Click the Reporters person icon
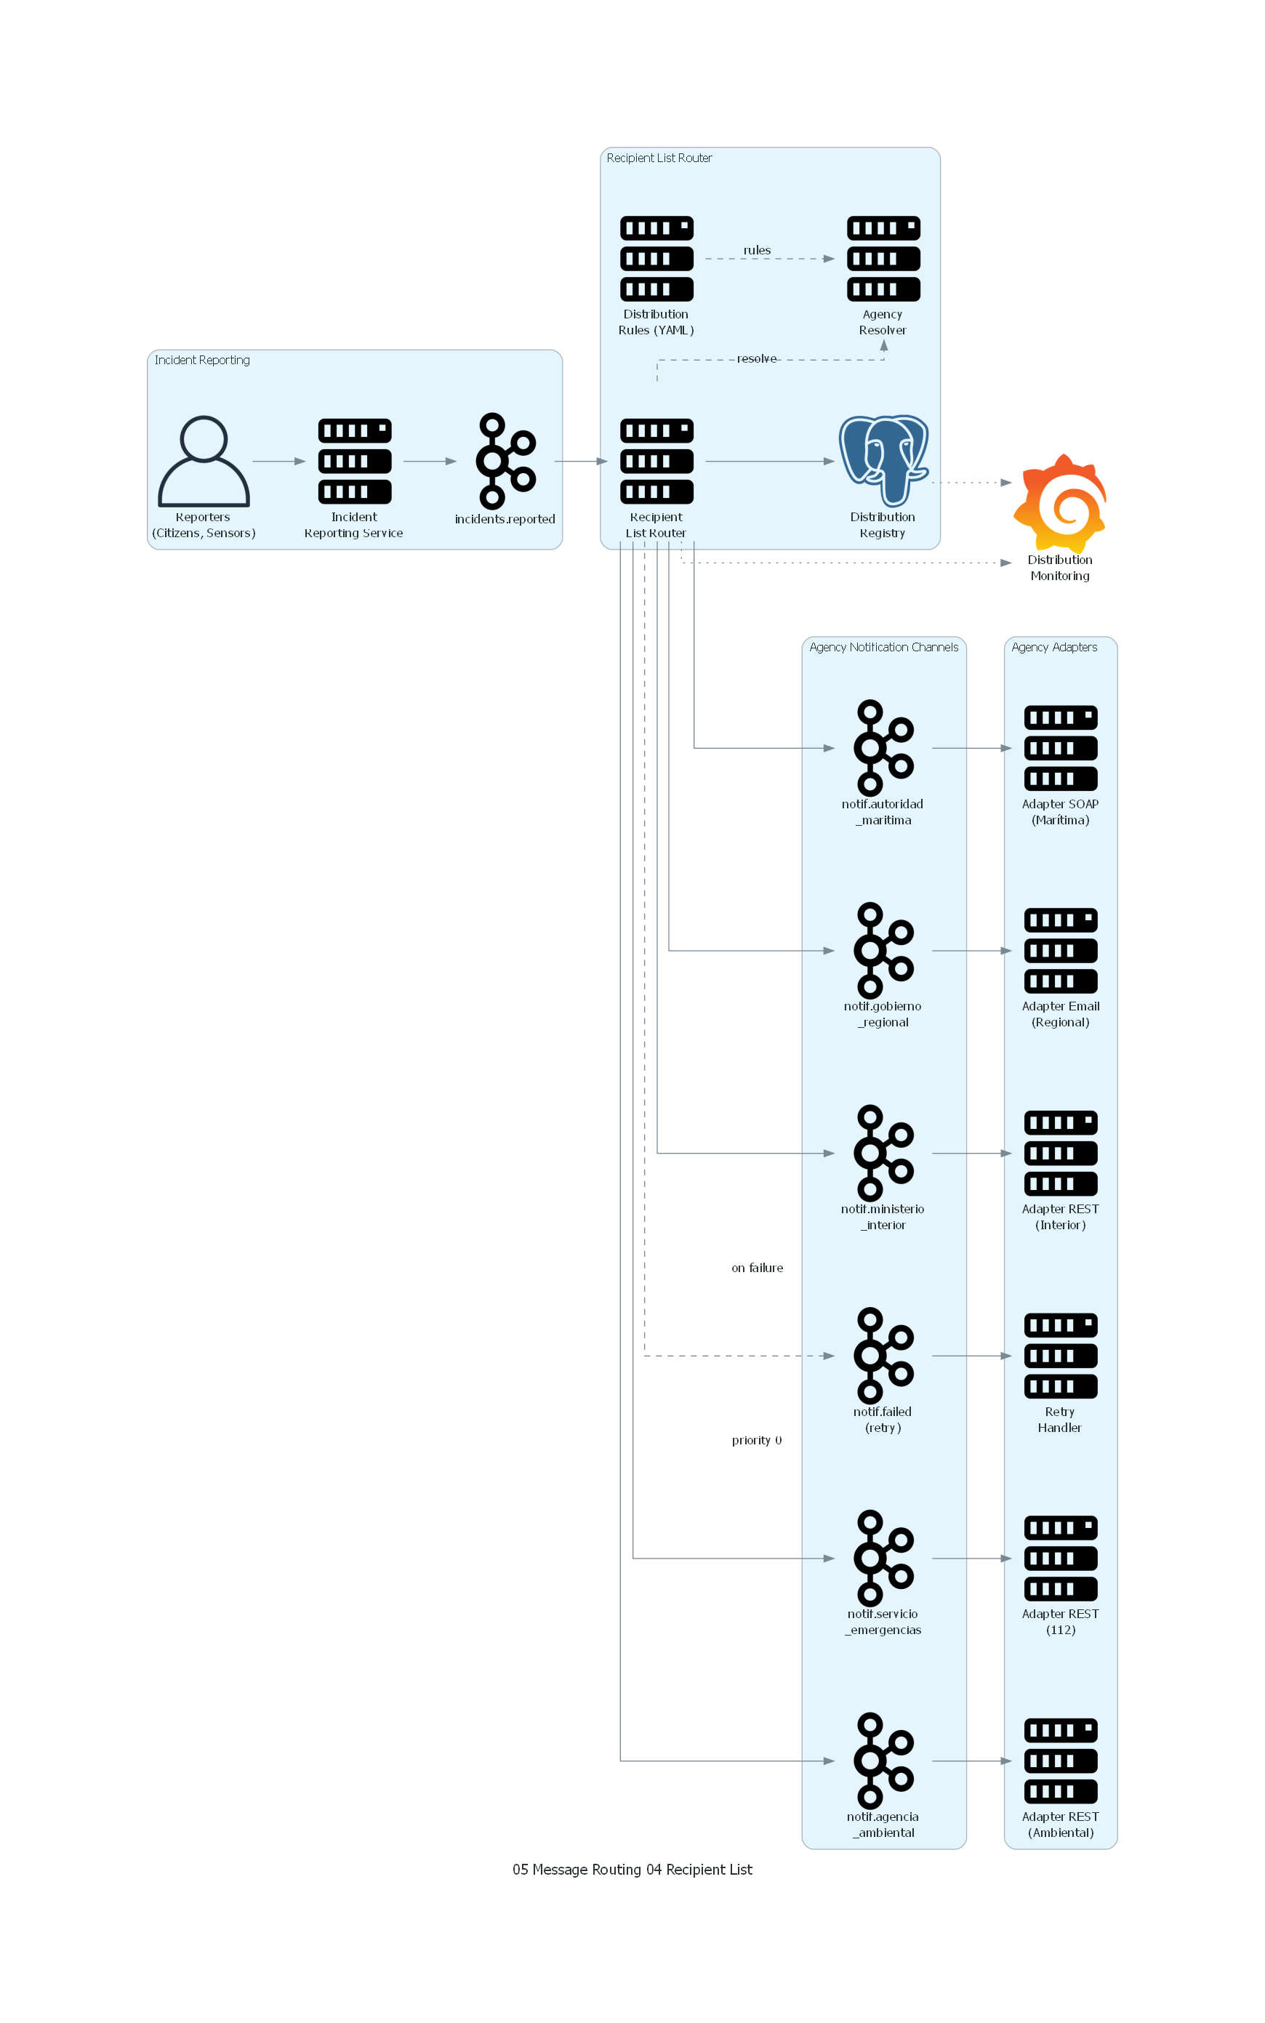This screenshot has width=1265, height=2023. pos(204,461)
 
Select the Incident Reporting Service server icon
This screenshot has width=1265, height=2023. pos(355,461)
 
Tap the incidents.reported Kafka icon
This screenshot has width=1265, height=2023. pos(505,461)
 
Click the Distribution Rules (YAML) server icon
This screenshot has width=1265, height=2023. pos(656,258)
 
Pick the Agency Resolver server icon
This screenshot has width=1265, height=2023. pos(883,258)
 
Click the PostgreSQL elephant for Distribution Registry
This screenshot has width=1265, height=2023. pos(883,460)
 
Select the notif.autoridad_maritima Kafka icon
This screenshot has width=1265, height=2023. pos(883,748)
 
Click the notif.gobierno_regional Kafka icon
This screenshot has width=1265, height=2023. pos(883,950)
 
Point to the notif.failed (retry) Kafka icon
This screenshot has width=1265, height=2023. pos(883,1356)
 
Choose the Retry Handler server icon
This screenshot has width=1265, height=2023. pos(1060,1356)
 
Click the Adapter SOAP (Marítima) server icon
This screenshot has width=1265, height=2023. pos(1060,748)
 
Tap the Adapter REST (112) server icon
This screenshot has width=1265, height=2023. pos(1060,1558)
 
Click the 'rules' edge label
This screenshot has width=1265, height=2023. pos(757,250)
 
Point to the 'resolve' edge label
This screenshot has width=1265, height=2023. pos(757,359)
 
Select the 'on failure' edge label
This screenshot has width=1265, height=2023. pos(757,1268)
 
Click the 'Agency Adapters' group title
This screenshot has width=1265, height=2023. pos(1054,647)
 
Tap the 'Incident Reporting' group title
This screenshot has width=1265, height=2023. pos(201,361)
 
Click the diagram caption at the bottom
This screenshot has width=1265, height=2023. pos(632,1869)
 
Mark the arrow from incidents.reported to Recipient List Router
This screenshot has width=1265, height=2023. pos(581,461)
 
